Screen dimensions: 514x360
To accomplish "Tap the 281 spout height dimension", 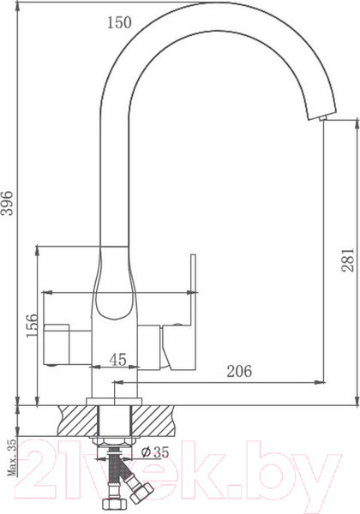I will click(x=347, y=254).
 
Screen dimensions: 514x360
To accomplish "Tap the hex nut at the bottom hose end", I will click(x=110, y=504).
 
